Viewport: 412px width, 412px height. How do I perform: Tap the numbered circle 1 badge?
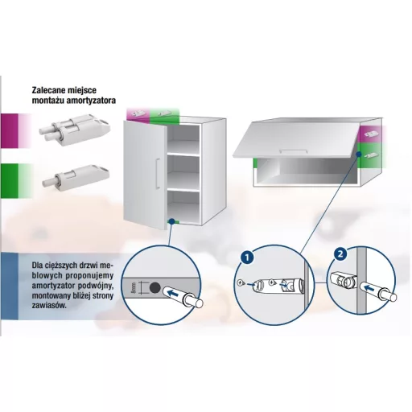[x=247, y=257]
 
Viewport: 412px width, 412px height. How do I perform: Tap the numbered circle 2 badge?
[x=340, y=253]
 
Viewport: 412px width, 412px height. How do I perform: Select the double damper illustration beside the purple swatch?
[x=75, y=130]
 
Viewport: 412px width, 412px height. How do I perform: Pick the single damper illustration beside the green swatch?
[x=76, y=175]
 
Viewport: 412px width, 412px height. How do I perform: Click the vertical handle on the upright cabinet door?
[x=158, y=174]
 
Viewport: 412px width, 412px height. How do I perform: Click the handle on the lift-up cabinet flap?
[x=293, y=151]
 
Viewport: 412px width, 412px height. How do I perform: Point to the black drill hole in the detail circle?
[x=154, y=288]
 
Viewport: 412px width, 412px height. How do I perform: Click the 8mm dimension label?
[x=134, y=288]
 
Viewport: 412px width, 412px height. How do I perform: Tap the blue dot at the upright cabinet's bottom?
[x=171, y=221]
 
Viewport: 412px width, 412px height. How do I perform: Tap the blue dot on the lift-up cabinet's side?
[x=359, y=154]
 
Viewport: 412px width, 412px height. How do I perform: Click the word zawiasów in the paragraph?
[x=49, y=305]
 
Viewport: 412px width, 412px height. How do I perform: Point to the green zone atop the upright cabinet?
[x=164, y=116]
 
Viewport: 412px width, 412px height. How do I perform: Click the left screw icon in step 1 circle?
[x=241, y=282]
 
